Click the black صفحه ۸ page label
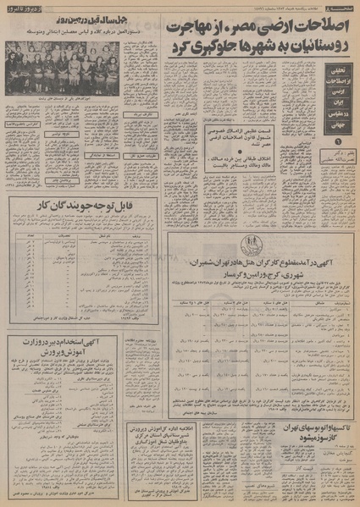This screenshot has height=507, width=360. (x=340, y=6)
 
